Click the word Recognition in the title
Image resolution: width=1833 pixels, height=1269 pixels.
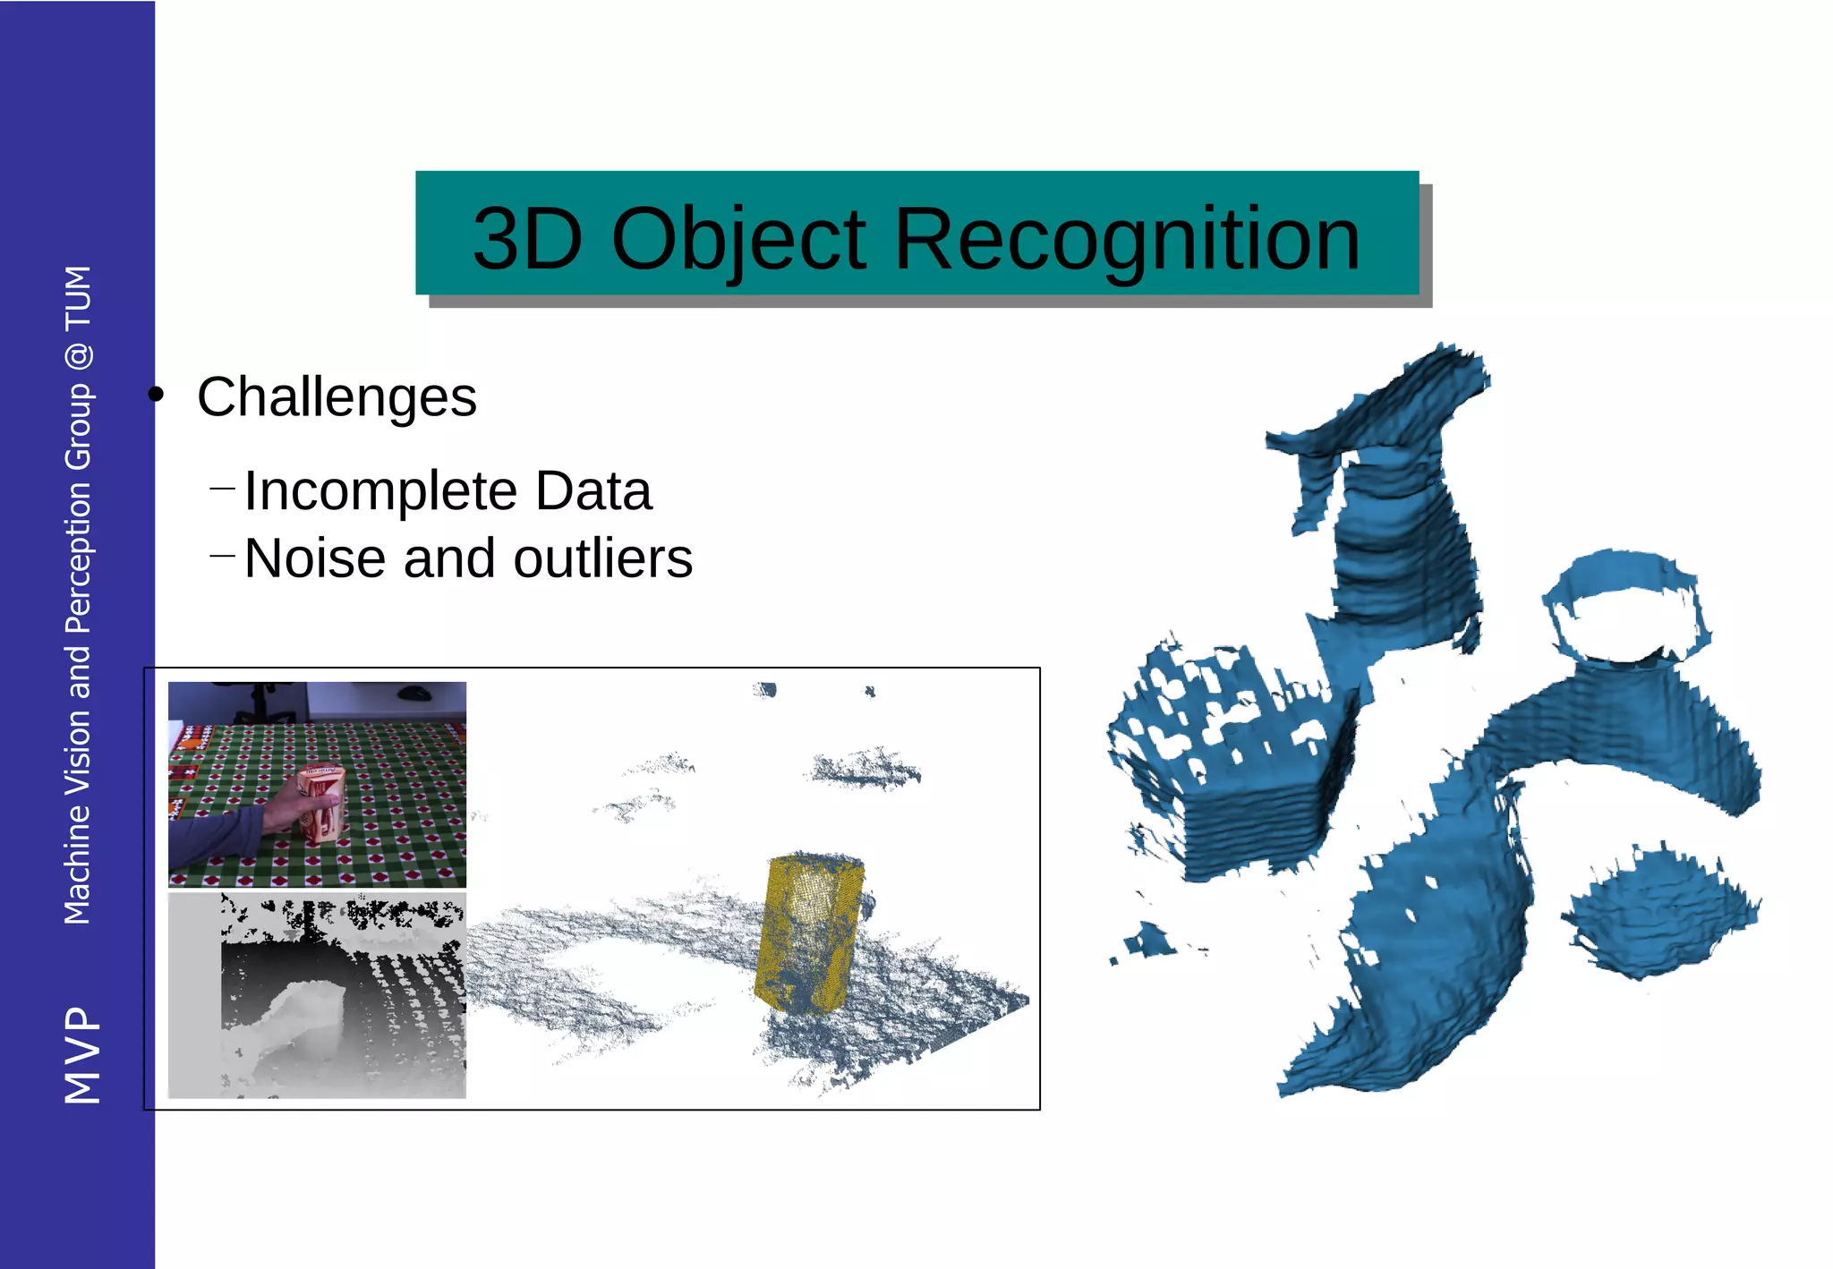tap(1127, 239)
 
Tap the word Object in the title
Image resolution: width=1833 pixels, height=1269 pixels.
tap(738, 239)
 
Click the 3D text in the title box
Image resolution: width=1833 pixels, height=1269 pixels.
tap(527, 239)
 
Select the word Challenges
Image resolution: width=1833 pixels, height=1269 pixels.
tap(337, 397)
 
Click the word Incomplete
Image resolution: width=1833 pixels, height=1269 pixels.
tap(380, 491)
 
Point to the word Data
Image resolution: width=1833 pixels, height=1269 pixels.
tap(593, 491)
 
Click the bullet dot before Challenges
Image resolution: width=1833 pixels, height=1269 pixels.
tap(157, 395)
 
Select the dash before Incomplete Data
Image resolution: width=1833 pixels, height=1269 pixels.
tap(221, 489)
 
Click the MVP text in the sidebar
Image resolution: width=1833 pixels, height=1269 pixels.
tap(81, 1054)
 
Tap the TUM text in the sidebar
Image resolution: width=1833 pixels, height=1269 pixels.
tap(79, 297)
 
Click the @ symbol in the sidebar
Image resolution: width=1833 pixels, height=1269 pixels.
tap(79, 356)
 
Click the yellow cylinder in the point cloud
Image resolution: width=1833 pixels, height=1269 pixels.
tap(809, 931)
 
